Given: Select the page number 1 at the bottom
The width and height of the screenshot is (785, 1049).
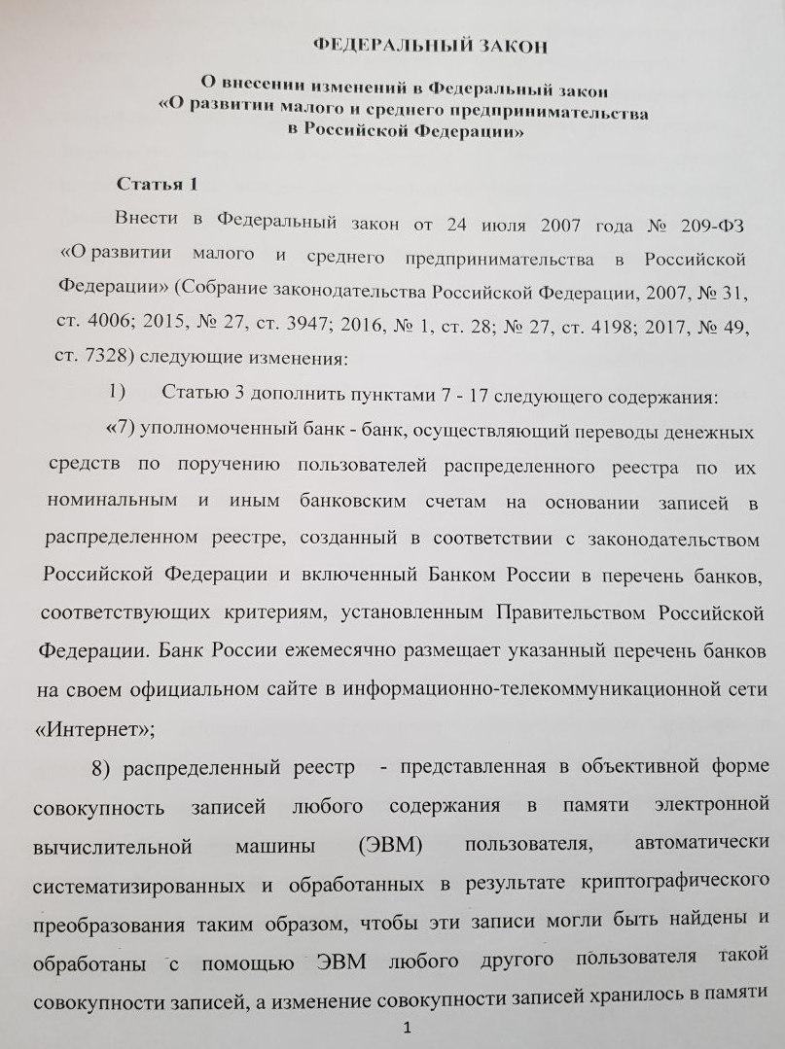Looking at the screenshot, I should (409, 1029).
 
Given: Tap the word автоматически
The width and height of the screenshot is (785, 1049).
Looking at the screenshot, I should (689, 841).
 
